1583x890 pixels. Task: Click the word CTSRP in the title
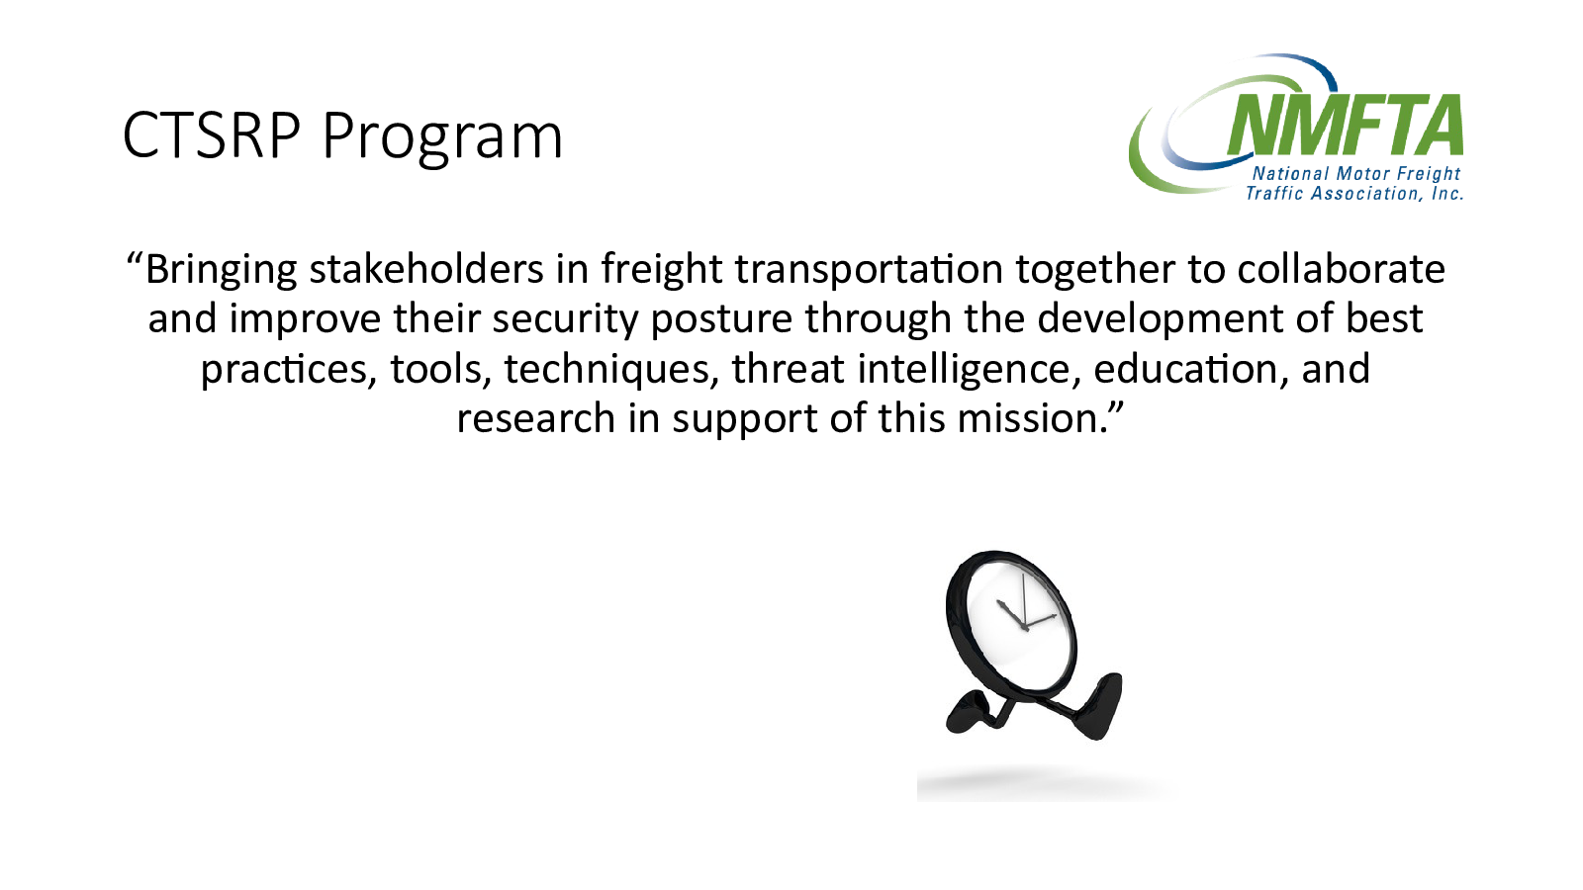tap(212, 134)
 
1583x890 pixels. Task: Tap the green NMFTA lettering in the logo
tap(1345, 125)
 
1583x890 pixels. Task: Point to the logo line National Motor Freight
tap(1356, 174)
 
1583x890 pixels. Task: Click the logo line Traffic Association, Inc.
tap(1354, 194)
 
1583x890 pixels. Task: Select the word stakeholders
tap(426, 269)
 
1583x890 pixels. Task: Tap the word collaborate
tap(1342, 269)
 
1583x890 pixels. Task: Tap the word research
tap(535, 418)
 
